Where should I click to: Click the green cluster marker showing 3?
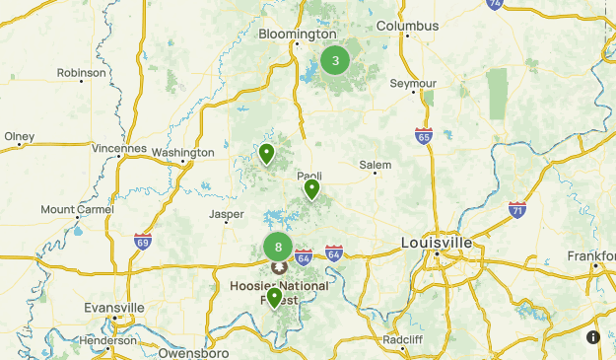tap(335, 60)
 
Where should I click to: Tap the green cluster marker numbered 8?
tap(279, 248)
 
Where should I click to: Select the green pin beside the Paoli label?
tap(311, 188)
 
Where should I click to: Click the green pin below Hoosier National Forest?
tap(275, 297)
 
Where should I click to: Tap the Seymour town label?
tap(413, 84)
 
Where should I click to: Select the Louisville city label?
tap(437, 242)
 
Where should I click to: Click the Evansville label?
tap(114, 308)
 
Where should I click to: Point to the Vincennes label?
tap(118, 149)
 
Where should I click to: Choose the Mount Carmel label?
tap(77, 209)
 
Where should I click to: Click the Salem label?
tap(375, 165)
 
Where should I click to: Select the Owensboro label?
tap(193, 352)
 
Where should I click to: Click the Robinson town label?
tap(81, 73)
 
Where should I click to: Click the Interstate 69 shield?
tap(143, 240)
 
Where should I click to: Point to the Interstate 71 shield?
tap(517, 209)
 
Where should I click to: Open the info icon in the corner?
tap(593, 337)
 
